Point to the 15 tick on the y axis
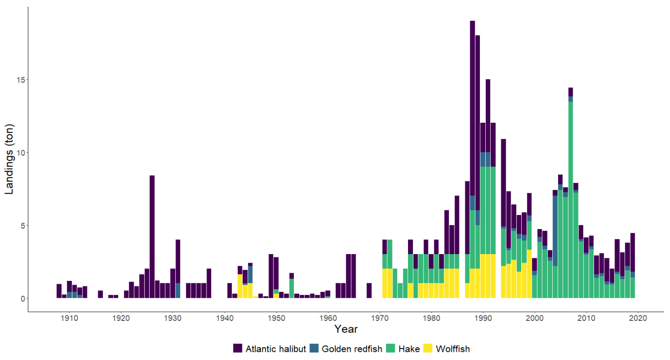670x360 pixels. [19, 80]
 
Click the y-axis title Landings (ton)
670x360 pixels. [10, 153]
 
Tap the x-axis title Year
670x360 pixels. [346, 329]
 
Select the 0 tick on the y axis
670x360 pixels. [22, 299]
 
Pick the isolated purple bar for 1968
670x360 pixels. [369, 290]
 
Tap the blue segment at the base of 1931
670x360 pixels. [178, 290]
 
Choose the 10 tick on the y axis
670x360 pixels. [19, 152]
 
